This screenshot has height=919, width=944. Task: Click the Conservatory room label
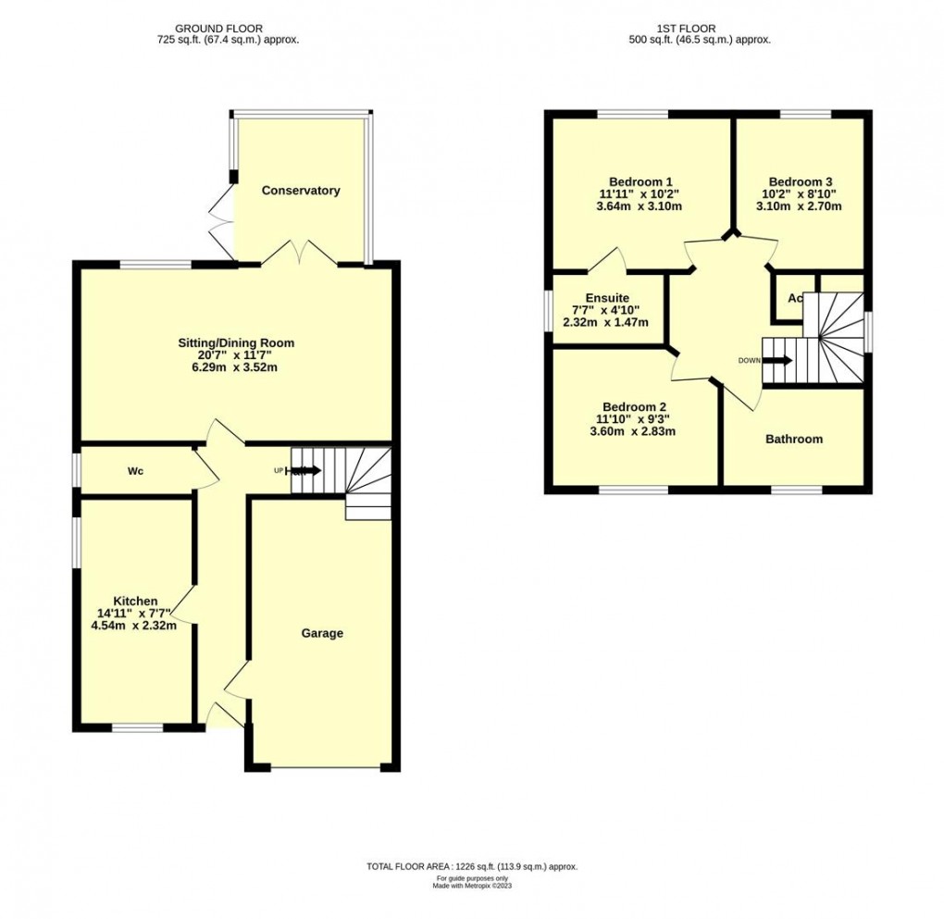click(x=301, y=191)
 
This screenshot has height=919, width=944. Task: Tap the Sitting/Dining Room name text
click(x=236, y=342)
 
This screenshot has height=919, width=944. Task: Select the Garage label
click(x=322, y=633)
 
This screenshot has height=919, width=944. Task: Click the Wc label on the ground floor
click(x=135, y=471)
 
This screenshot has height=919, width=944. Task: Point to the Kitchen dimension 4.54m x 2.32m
click(x=134, y=626)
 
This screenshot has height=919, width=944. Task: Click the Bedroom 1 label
click(x=640, y=180)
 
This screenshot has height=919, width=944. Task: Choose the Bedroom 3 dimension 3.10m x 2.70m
click(x=799, y=206)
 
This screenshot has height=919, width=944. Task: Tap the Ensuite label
click(x=607, y=297)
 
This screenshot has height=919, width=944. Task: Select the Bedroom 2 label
click(x=634, y=406)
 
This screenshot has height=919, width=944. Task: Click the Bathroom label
click(x=793, y=439)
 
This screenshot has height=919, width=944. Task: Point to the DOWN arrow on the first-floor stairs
click(x=778, y=360)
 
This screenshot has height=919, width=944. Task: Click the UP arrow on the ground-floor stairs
click(x=305, y=471)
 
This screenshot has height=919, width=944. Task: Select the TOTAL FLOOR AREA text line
click(x=472, y=866)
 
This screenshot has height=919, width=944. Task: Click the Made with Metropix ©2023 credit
click(x=472, y=886)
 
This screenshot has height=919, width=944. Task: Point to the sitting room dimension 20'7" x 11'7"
click(x=236, y=355)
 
